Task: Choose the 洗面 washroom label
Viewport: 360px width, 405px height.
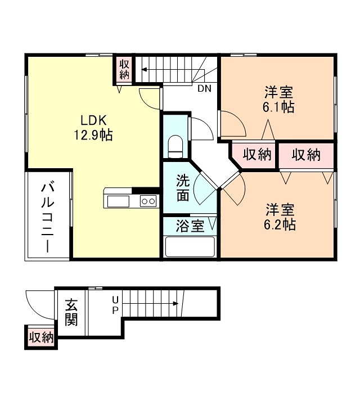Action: click(182, 188)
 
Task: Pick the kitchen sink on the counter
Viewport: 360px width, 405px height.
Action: click(116, 201)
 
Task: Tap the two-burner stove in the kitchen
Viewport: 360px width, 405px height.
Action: click(148, 201)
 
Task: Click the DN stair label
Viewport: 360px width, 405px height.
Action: click(204, 88)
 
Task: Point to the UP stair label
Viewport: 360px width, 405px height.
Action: click(115, 304)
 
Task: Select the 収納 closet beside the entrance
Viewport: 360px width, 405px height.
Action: click(41, 337)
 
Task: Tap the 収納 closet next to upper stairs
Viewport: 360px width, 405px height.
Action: click(124, 68)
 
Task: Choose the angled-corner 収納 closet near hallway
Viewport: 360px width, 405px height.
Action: click(256, 155)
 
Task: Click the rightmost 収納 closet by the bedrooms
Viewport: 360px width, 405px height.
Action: click(306, 155)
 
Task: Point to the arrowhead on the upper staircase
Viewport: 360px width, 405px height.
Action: click(144, 70)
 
